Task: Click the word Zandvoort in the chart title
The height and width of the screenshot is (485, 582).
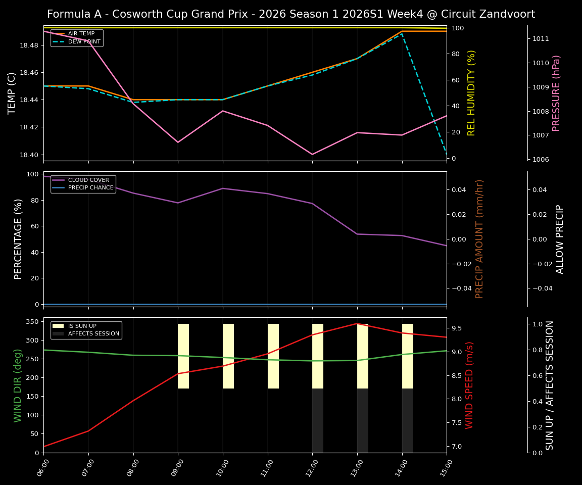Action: tap(508, 14)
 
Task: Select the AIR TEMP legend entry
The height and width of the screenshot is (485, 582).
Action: tap(81, 34)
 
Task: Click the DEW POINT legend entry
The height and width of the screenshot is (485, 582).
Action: tap(84, 41)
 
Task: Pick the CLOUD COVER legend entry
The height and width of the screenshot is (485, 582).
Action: tap(88, 180)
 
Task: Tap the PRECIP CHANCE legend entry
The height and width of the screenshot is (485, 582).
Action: tap(90, 188)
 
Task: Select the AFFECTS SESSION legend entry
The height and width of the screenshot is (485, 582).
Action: tap(93, 334)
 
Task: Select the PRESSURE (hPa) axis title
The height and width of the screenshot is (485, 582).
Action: tap(556, 93)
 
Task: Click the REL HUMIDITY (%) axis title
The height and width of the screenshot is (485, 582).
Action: tap(471, 93)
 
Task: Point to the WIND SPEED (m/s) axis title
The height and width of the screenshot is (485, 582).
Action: tap(469, 385)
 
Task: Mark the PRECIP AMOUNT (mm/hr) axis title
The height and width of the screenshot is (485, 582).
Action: tap(479, 239)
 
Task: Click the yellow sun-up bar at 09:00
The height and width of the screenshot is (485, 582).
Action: tap(183, 356)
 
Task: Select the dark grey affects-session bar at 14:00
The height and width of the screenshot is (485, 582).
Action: tap(408, 420)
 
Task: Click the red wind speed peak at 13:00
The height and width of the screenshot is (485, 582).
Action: tap(357, 323)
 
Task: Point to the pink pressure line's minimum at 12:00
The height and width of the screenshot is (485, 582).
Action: tap(312, 155)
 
